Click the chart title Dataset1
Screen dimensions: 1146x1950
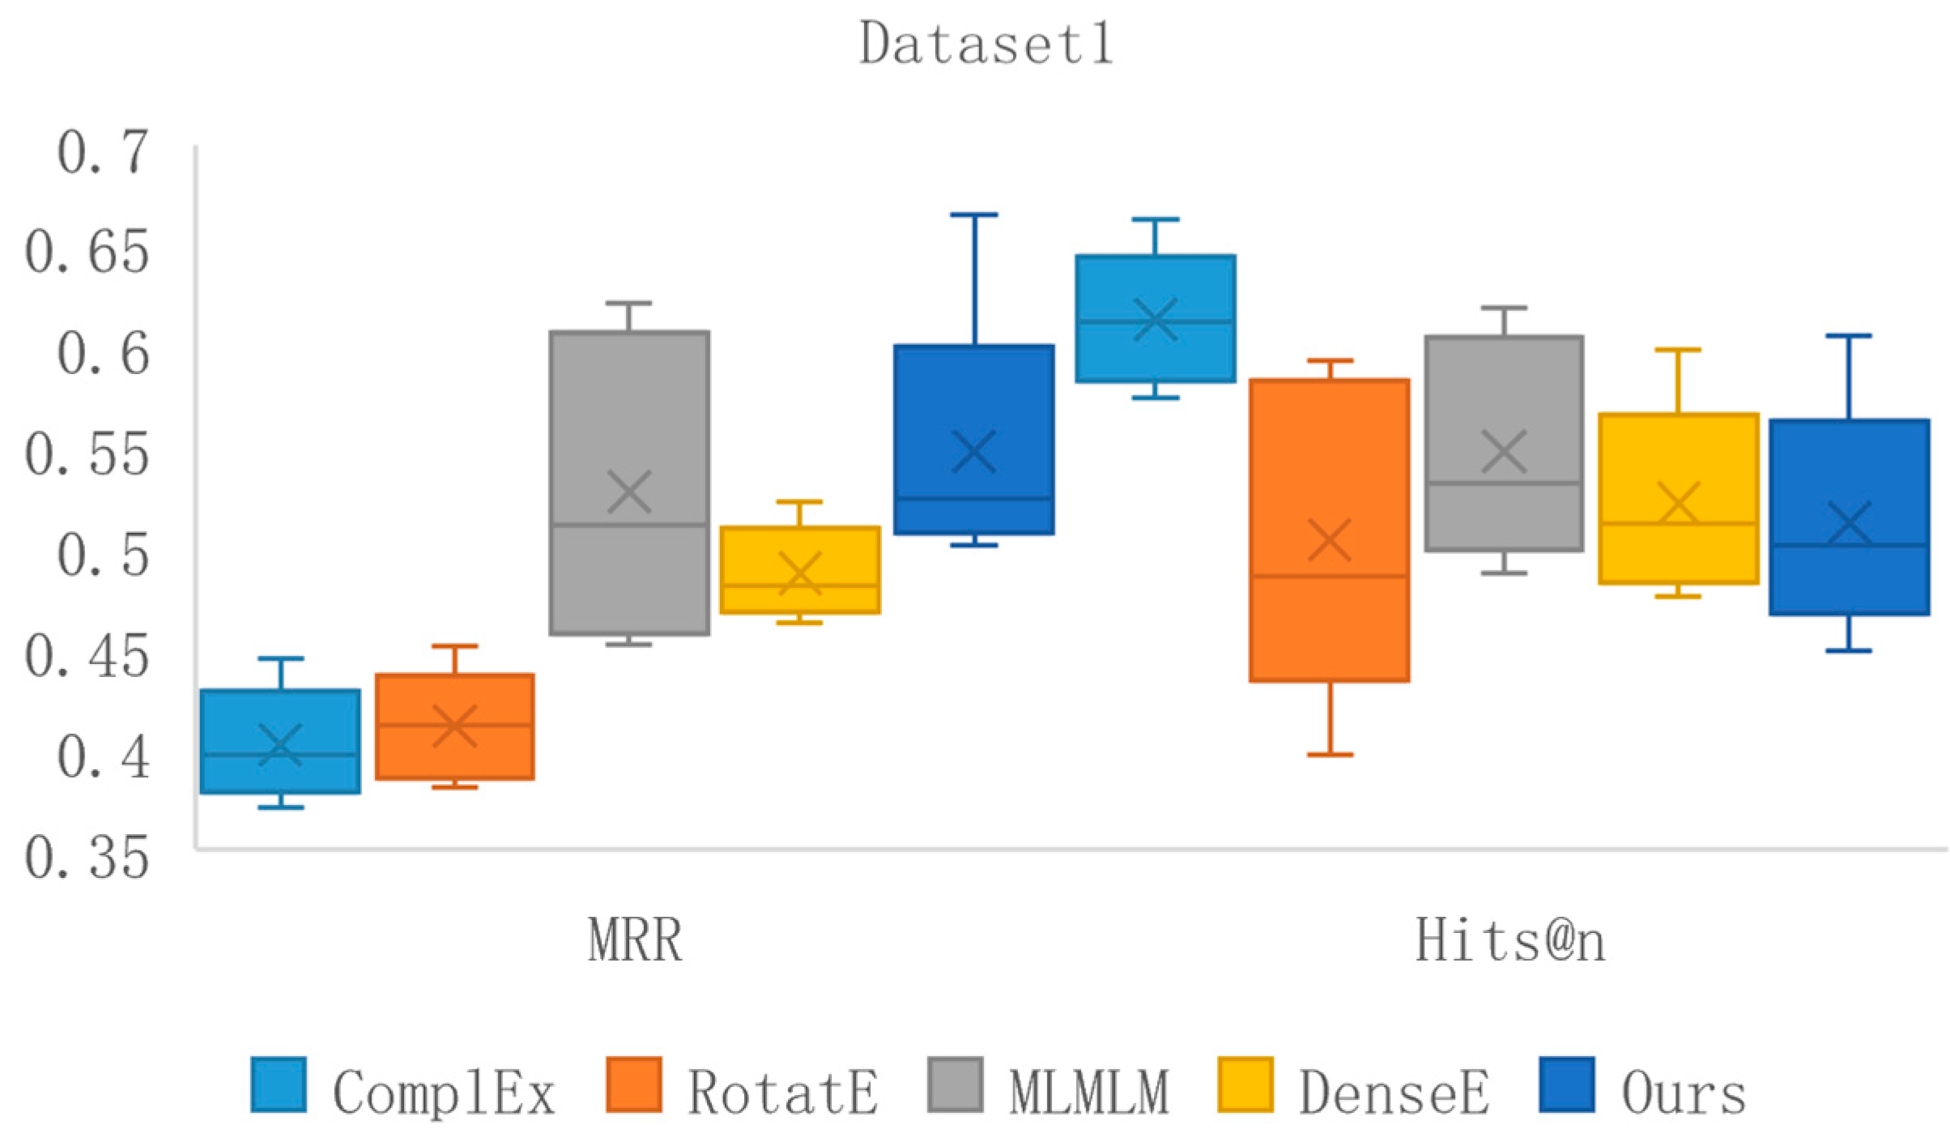(986, 44)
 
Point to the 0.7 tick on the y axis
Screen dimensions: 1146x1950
(103, 152)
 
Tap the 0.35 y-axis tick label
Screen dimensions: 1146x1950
(87, 858)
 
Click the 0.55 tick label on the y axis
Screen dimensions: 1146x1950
(87, 454)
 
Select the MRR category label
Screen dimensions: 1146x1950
(635, 941)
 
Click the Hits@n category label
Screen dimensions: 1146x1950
(1509, 941)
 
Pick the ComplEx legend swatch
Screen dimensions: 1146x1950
(279, 1084)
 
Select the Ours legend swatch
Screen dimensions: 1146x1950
(1567, 1084)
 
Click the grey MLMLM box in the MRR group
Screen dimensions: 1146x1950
(629, 421)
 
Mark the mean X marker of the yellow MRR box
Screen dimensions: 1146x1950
(800, 573)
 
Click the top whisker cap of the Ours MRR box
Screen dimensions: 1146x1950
(974, 215)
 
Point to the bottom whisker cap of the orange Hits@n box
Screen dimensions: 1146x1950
(1330, 755)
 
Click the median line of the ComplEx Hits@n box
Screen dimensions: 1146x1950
(1156, 322)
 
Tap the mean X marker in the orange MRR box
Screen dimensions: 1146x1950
(454, 725)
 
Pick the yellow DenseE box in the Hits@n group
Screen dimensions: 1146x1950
(1679, 470)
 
